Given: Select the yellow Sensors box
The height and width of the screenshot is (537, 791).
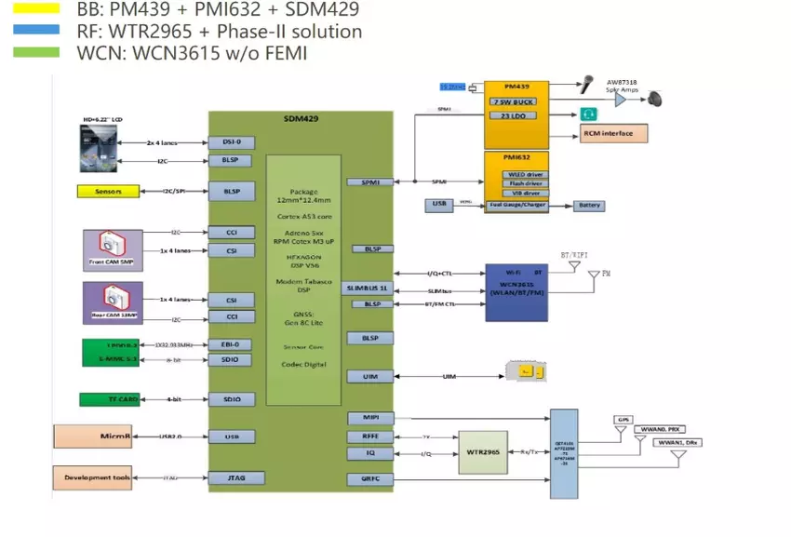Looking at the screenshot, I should pos(108,192).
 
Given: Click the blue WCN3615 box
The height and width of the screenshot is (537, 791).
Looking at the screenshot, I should pos(522,292).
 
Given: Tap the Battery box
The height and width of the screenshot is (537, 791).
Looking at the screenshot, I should pos(588,205).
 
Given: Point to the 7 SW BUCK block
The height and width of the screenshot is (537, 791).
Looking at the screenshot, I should pos(517,101).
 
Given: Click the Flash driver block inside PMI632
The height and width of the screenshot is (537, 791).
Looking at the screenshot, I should pos(526,183).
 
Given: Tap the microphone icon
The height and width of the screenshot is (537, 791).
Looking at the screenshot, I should pos(589,83).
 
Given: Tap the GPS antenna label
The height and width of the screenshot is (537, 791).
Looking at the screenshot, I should pos(623,420).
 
